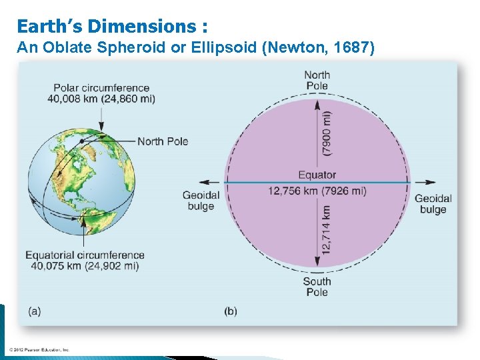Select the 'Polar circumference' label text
click(101, 88)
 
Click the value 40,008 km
click(72, 99)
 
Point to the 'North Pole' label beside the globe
click(163, 141)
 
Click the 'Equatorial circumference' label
click(85, 255)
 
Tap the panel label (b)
click(231, 311)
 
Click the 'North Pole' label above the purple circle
click(317, 80)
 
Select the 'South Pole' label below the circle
click(317, 287)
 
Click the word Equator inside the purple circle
click(317, 175)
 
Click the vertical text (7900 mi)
click(326, 133)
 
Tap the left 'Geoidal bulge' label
click(201, 201)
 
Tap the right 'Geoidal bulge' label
click(433, 204)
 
